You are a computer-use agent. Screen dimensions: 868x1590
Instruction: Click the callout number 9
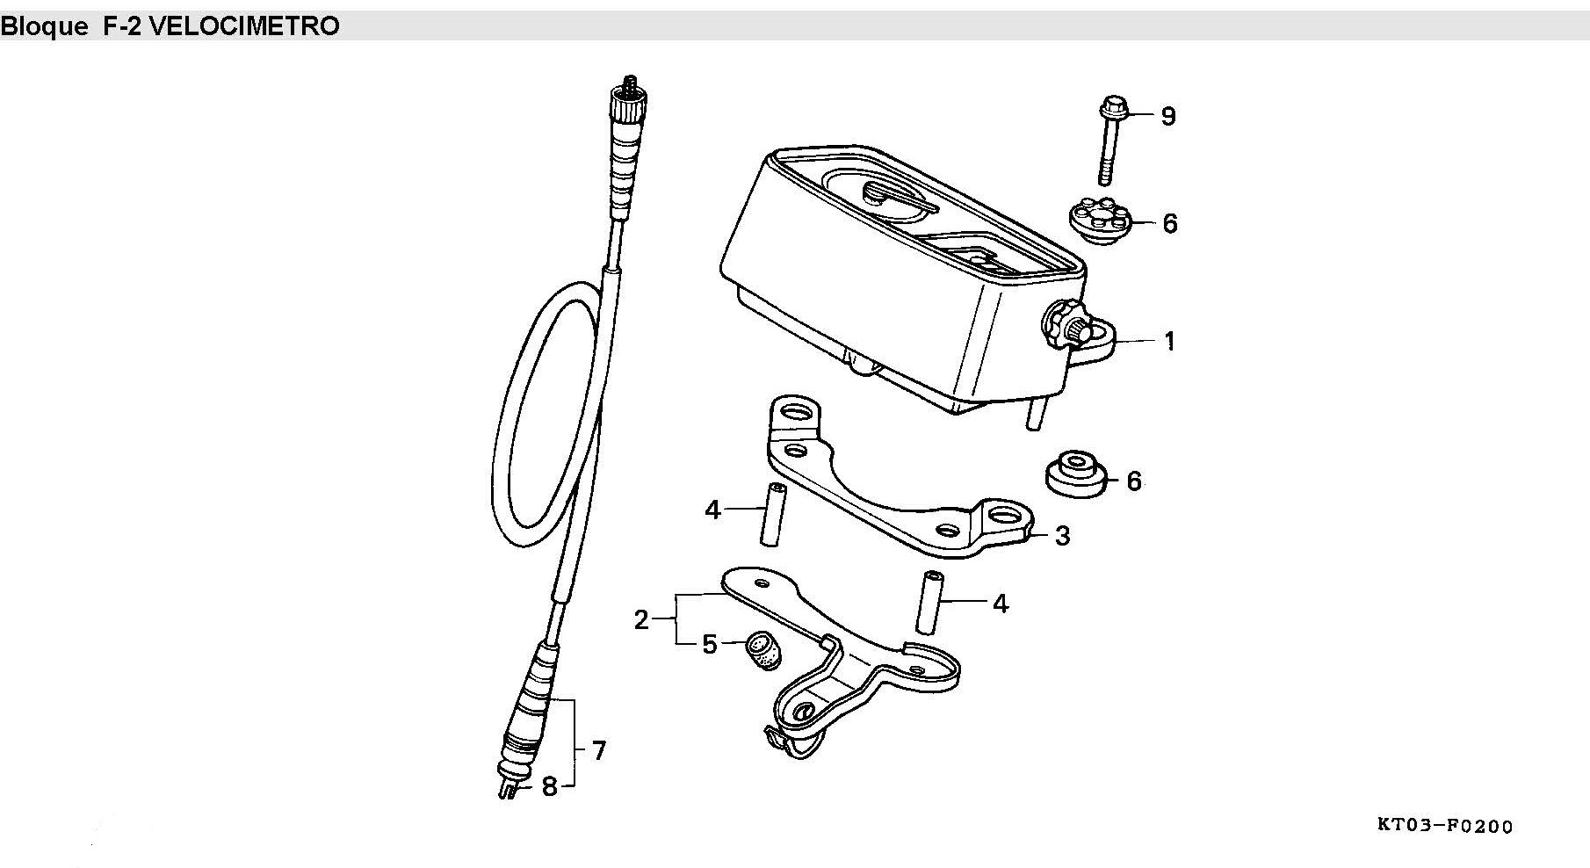(1167, 117)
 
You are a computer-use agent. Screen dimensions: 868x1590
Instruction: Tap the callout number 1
(1169, 341)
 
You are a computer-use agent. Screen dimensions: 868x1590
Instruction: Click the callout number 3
(1062, 535)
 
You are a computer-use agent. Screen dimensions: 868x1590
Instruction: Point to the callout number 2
(641, 620)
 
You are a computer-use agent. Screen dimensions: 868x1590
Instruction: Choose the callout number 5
(710, 645)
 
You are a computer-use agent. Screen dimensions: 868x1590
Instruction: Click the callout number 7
(598, 751)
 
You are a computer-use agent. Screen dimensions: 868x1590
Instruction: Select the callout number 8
(549, 787)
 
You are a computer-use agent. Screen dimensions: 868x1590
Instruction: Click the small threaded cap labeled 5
(760, 649)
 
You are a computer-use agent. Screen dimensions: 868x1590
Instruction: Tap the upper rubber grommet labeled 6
(1098, 221)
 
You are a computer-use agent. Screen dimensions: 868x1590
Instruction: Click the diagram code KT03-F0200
(1445, 826)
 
